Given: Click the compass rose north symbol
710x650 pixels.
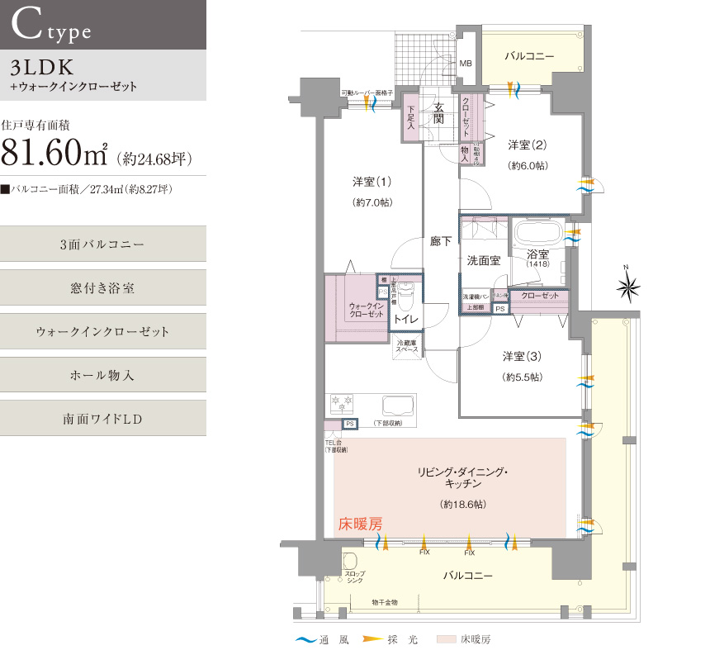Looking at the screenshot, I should (629, 287).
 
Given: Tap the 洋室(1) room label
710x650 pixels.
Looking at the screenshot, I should (372, 181).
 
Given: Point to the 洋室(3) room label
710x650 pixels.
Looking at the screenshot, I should (523, 357).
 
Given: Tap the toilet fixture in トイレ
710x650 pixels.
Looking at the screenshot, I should (404, 294).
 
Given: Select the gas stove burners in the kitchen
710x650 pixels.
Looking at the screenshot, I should (341, 405).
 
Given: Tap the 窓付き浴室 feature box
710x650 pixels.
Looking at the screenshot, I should (102, 288).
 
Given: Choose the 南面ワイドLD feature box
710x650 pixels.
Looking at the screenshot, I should (102, 419).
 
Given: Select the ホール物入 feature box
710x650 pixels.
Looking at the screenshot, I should (102, 375).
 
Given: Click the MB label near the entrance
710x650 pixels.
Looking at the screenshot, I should (466, 64).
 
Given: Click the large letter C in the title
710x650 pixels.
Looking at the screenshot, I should (27, 26).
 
